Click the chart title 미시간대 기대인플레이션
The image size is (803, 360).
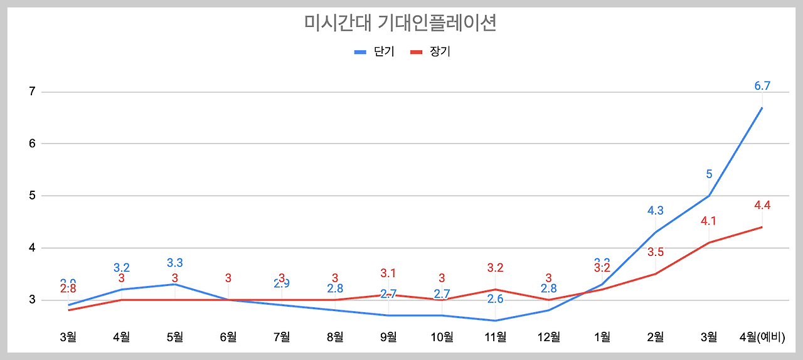pyautogui.click(x=400, y=23)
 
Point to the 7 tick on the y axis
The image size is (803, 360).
pyautogui.click(x=31, y=92)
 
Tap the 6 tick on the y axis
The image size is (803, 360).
pyautogui.click(x=31, y=144)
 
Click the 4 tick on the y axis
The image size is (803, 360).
pyautogui.click(x=31, y=248)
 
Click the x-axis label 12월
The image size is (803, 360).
pyautogui.click(x=549, y=337)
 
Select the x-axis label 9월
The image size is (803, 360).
pyautogui.click(x=388, y=337)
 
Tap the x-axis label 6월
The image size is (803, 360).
pyautogui.click(x=228, y=337)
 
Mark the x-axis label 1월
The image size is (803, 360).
pyautogui.click(x=602, y=337)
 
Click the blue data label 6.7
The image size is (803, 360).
pyautogui.click(x=762, y=87)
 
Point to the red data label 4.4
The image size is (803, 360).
pyautogui.click(x=762, y=205)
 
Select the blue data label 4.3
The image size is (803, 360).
pyautogui.click(x=656, y=211)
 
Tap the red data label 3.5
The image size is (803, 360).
pyautogui.click(x=656, y=252)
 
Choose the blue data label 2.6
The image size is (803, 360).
pyautogui.click(x=496, y=299)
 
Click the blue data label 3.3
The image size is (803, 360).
pyautogui.click(x=175, y=263)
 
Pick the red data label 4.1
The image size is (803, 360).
pyautogui.click(x=709, y=221)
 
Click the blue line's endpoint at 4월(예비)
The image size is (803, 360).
pyautogui.click(x=762, y=107)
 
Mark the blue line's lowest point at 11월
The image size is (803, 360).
pyautogui.click(x=496, y=320)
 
